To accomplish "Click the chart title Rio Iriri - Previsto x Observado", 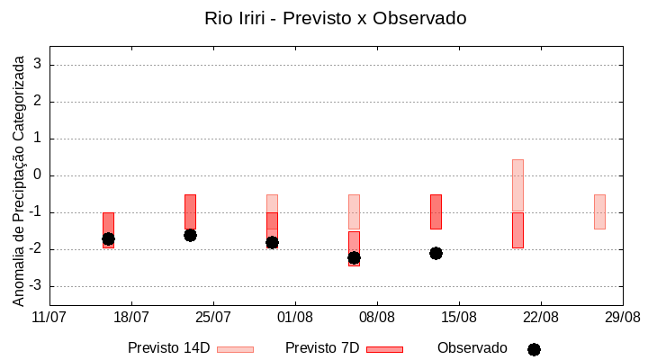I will [336, 18].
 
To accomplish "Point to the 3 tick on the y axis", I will [38, 65].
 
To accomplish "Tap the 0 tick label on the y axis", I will [38, 175].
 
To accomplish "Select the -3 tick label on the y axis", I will [34, 286].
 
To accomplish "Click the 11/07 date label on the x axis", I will [49, 317].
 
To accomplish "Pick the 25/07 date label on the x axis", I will [213, 317].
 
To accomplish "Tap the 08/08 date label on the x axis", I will [377, 317].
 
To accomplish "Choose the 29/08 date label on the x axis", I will [623, 317].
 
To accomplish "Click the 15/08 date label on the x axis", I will [459, 317].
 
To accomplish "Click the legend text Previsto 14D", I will [169, 348].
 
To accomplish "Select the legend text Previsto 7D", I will [322, 348].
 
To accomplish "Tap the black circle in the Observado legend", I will [534, 349].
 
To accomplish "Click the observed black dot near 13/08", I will [436, 253].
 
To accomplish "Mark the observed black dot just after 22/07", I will [190, 235].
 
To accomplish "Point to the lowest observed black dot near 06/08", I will [354, 257].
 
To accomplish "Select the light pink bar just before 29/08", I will [599, 211].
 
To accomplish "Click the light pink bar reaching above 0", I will [517, 184].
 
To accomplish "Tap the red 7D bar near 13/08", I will [436, 211].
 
